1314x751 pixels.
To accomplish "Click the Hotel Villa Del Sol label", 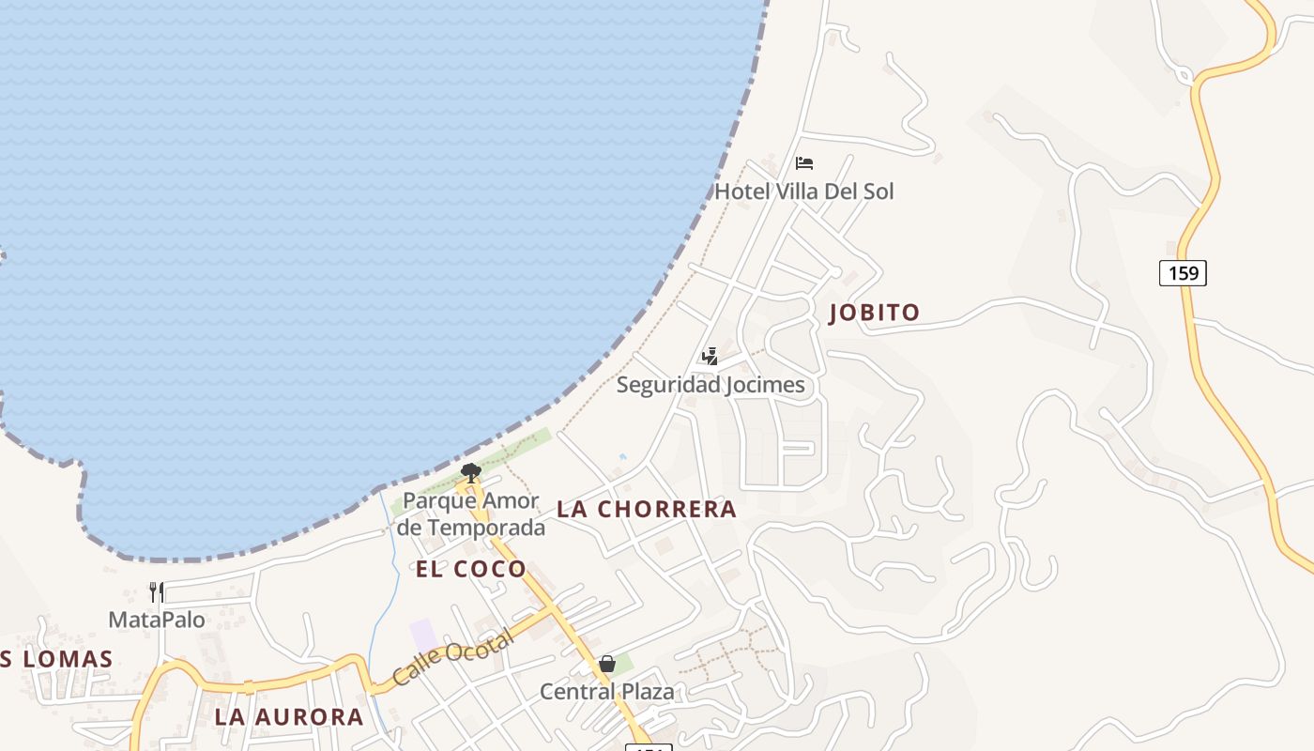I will tap(804, 192).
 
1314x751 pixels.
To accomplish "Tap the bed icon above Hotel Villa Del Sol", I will tap(804, 163).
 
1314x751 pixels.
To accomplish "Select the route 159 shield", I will tap(1183, 273).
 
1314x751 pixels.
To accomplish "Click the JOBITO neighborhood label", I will tap(875, 313).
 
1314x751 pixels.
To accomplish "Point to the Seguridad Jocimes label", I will tap(710, 385).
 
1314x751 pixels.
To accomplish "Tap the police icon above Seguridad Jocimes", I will tap(710, 357).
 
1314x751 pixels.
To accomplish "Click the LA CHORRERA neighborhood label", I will tap(647, 510).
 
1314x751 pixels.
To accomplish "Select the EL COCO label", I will tap(471, 569).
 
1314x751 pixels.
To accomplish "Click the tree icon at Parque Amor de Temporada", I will tap(471, 472).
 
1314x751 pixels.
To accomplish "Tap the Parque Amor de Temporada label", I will tap(471, 513).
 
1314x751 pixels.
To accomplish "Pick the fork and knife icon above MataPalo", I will tap(157, 592).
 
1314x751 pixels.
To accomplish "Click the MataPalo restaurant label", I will tap(157, 620).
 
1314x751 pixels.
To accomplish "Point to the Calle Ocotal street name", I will tap(452, 658).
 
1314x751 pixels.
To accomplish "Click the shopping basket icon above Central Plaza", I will tap(607, 665).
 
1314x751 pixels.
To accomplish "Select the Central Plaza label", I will tap(607, 693).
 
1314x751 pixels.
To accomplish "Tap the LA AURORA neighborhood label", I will tap(289, 717).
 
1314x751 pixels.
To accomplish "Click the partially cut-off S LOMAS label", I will tap(56, 659).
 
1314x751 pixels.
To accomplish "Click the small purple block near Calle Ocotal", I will tap(423, 635).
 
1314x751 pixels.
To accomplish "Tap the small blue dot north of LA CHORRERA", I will tap(622, 457).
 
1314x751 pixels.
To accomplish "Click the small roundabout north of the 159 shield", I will tap(1184, 76).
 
